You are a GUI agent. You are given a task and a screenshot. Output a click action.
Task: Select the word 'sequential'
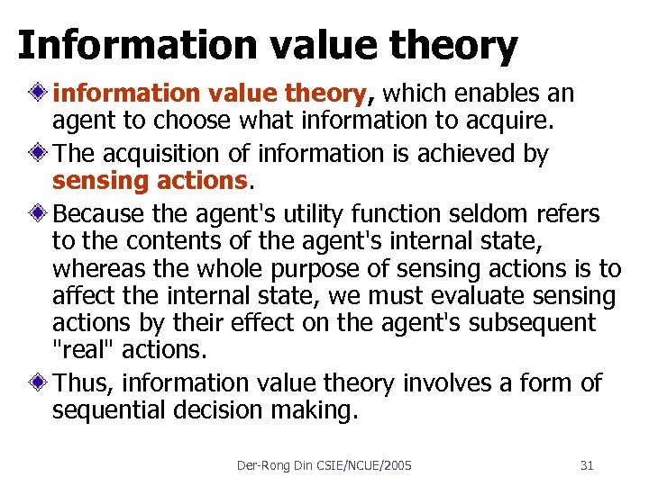(117, 411)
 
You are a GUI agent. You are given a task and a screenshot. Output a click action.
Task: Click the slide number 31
(587, 465)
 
